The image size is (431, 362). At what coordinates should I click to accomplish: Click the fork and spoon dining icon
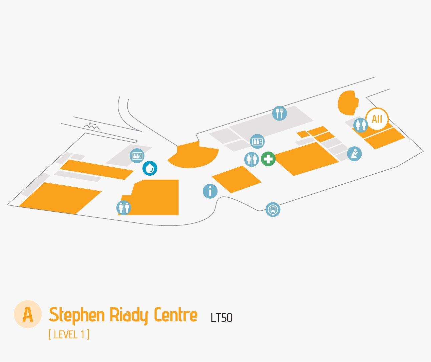point(280,114)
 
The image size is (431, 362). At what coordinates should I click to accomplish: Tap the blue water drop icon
point(150,168)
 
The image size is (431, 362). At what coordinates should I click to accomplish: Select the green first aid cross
point(268,159)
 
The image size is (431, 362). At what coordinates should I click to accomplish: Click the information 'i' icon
point(210,191)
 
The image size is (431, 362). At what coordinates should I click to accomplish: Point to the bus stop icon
point(273,210)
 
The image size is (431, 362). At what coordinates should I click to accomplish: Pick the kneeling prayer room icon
point(354,154)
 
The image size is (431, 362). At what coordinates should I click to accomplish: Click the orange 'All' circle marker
point(377,119)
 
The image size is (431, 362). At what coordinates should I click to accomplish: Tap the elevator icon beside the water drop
point(137,156)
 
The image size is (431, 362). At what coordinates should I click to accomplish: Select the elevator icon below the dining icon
point(257,142)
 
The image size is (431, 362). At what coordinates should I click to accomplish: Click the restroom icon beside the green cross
point(252,159)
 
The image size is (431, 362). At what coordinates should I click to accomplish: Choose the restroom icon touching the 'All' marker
point(361,125)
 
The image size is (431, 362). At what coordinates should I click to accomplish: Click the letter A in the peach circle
point(28,314)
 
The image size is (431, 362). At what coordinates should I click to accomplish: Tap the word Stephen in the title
point(77,315)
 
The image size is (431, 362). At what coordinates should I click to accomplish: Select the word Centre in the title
point(175,315)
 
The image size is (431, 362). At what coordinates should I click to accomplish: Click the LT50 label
point(222,318)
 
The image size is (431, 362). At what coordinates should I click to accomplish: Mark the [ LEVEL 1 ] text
point(69,334)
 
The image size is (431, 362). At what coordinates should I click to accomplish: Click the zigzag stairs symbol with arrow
point(92,126)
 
